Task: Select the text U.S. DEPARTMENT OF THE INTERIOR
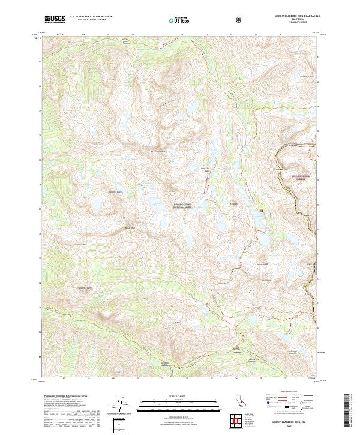click(91, 16)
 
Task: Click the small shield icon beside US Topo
click(239, 19)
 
